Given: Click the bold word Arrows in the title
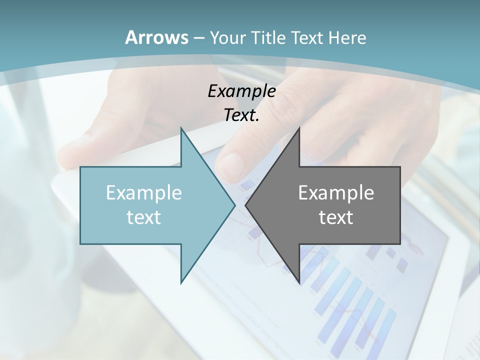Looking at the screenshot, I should click(156, 37).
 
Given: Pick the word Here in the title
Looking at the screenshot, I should click(347, 38).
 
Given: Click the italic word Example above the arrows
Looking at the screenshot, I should click(241, 91).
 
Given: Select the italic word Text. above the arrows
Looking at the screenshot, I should click(241, 115).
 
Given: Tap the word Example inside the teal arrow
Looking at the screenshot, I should click(144, 192).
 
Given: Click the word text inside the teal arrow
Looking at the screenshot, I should click(144, 217).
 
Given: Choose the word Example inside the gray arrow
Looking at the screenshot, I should click(336, 192).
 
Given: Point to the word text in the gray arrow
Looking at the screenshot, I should click(336, 217).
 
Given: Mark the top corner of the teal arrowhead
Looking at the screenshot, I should click(181, 128).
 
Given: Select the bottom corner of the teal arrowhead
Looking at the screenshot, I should click(181, 282).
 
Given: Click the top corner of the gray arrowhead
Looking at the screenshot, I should click(299, 128).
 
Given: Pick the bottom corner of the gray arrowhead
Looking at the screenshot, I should click(299, 282).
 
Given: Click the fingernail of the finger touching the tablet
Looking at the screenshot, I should click(231, 164).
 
